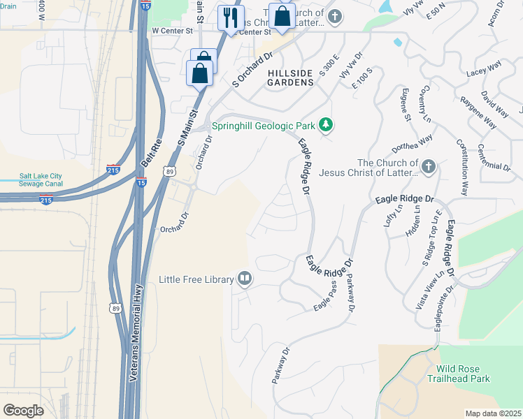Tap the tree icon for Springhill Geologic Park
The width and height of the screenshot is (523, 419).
click(x=325, y=126)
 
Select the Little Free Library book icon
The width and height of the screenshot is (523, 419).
click(x=244, y=279)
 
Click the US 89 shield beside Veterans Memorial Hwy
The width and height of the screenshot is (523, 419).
click(x=114, y=308)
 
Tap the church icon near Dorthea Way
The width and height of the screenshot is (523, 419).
click(x=429, y=167)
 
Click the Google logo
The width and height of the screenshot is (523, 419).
click(x=23, y=411)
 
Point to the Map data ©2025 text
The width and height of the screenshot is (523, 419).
click(x=493, y=413)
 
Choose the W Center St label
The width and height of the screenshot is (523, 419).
click(x=172, y=31)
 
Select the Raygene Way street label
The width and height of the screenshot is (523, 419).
click(x=478, y=110)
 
